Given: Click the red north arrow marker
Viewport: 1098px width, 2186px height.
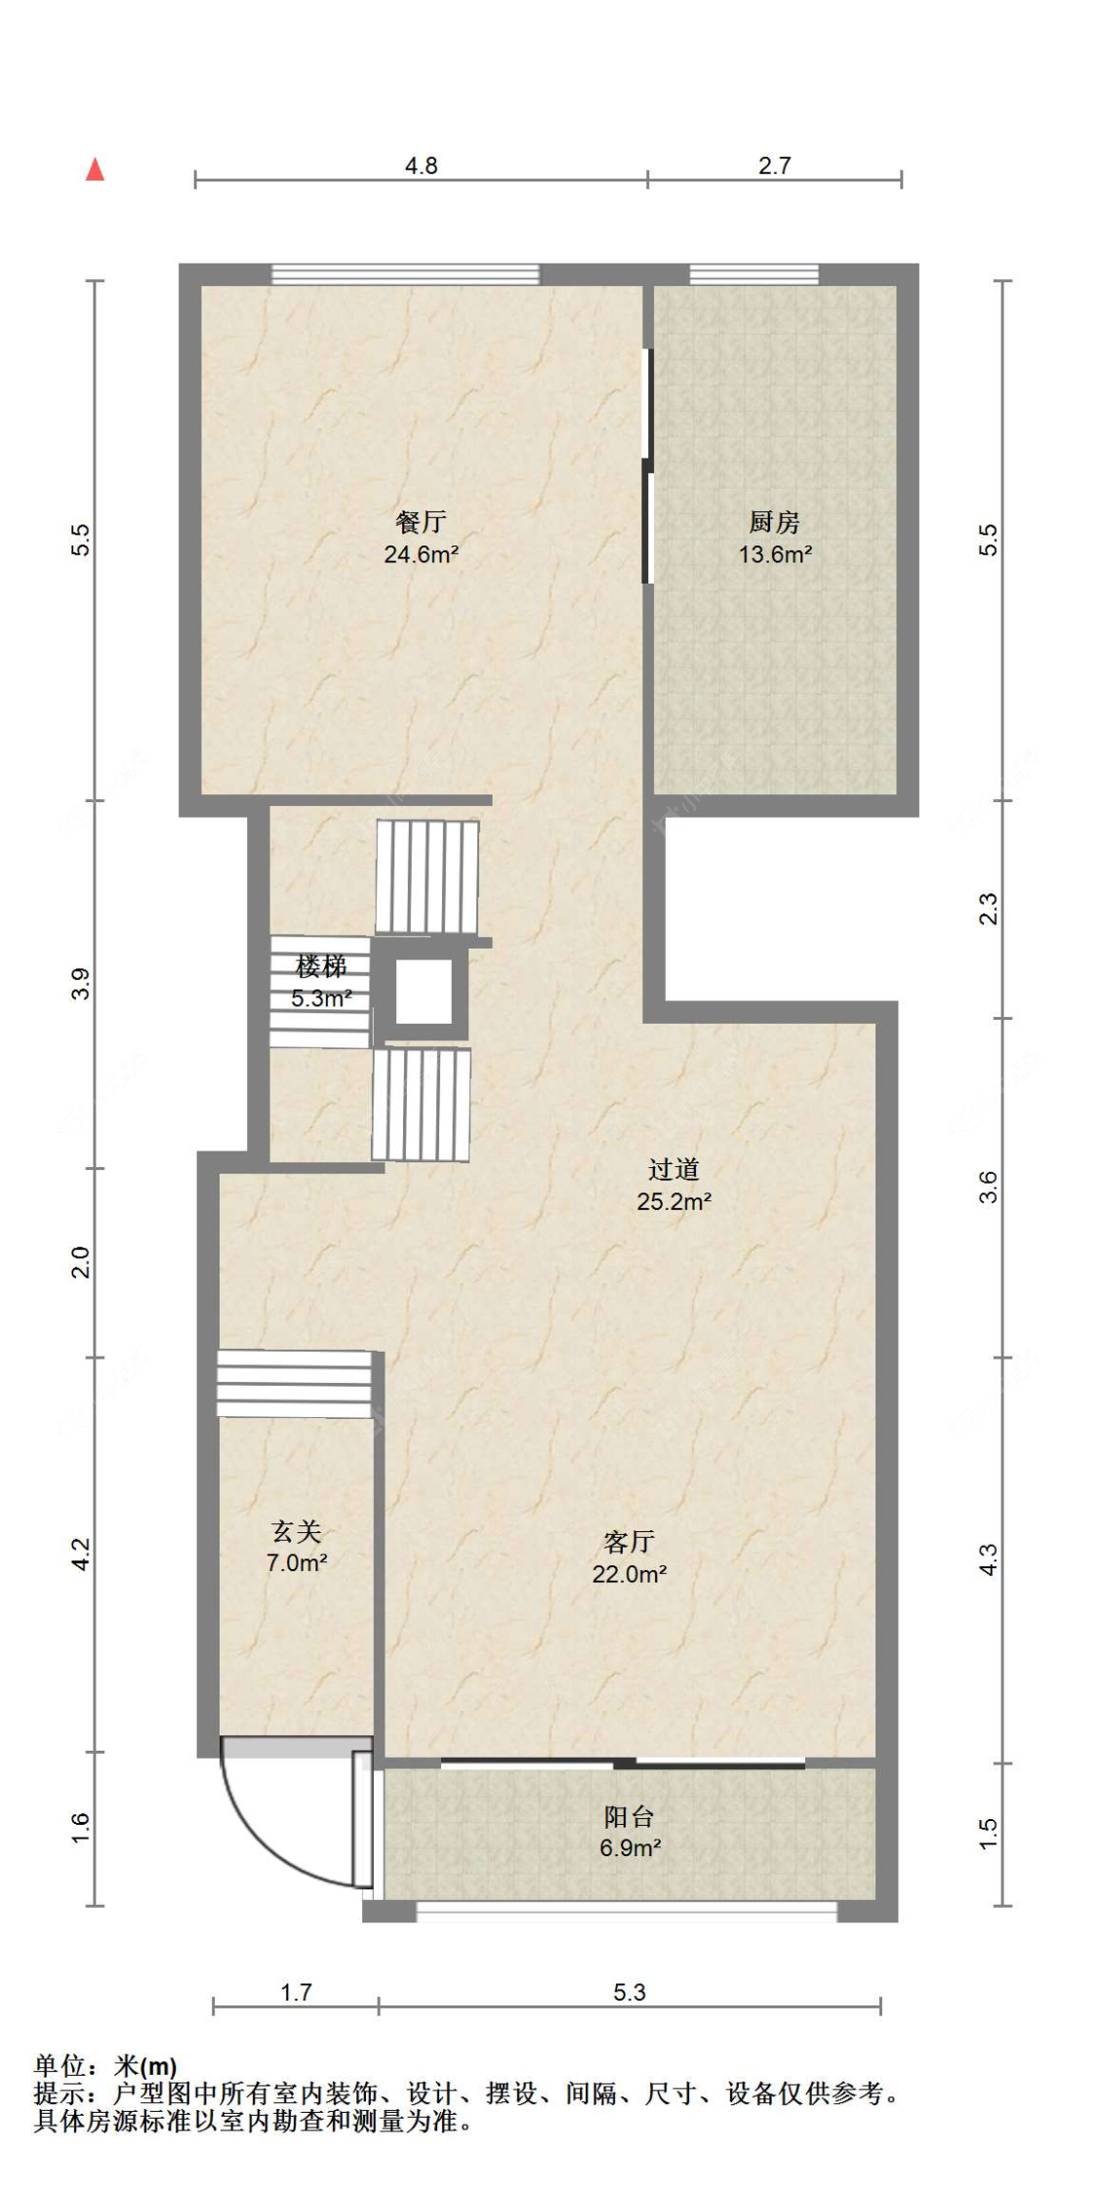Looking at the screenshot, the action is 95,170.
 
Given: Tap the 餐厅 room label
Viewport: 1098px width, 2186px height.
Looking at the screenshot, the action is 421,522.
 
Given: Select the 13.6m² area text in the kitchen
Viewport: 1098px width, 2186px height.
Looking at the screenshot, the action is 775,554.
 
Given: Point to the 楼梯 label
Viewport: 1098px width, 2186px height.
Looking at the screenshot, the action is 321,966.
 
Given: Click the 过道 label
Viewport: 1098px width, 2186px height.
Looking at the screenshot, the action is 673,1169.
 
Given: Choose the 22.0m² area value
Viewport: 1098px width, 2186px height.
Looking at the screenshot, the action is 630,1573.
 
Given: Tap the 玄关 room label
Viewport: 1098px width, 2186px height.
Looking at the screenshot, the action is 296,1531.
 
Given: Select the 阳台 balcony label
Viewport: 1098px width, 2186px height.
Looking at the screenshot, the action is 630,1816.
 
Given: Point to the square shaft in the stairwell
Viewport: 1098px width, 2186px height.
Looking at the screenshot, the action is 424,992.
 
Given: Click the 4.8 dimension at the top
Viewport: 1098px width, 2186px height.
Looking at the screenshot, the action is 422,166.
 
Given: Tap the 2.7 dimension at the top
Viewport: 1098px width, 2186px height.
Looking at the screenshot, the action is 775,166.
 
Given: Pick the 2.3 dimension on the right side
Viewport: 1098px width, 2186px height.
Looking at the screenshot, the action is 989,910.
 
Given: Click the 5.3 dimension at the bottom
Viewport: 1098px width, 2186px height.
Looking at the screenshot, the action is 630,1992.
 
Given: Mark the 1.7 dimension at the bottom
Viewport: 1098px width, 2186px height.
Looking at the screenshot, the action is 296,1992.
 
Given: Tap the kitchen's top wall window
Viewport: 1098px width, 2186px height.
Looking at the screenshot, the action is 754,274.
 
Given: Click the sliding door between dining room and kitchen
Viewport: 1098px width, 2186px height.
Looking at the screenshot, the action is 646,466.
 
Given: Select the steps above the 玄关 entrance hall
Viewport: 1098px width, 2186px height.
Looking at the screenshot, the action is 295,1384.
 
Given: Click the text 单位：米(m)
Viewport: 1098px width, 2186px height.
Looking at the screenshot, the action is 105,2066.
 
